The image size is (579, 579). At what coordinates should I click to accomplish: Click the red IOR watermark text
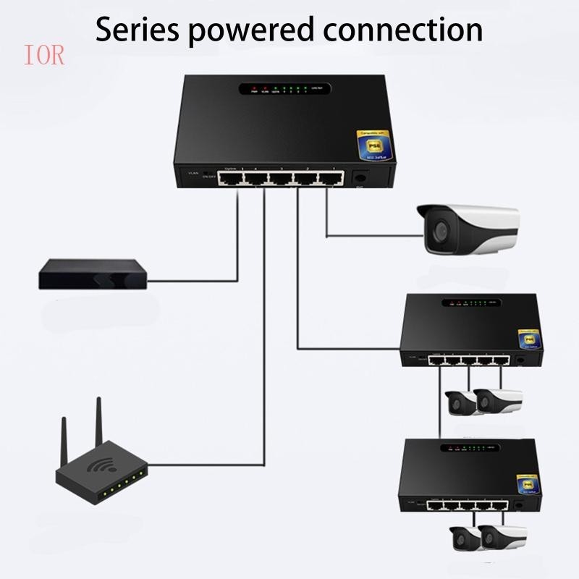44,56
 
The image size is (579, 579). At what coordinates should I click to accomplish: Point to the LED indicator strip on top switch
284,90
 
